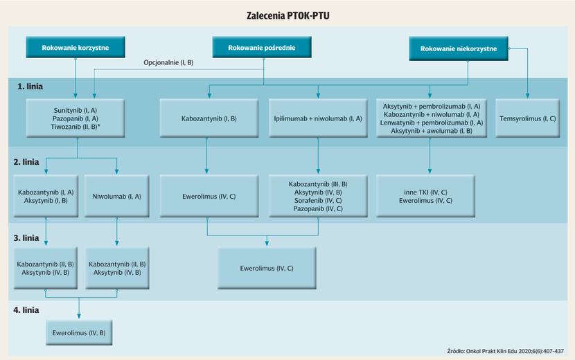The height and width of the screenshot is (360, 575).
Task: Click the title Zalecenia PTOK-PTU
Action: click(288, 16)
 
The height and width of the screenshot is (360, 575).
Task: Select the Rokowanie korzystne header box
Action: click(76, 47)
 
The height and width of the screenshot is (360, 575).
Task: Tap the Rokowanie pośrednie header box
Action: click(262, 47)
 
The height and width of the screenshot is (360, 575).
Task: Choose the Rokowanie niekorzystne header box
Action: click(459, 48)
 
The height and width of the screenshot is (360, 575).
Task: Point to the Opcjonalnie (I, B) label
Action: click(168, 62)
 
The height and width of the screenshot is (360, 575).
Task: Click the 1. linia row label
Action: click(30, 87)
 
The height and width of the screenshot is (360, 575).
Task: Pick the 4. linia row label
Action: click(26, 310)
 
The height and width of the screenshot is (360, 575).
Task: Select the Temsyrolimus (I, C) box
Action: click(528, 118)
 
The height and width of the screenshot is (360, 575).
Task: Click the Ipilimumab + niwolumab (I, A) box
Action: click(318, 118)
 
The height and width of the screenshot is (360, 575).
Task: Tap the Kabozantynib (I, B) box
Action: click(209, 118)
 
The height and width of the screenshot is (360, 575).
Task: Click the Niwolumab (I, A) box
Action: click(116, 196)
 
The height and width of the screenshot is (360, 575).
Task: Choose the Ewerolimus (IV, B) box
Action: click(79, 333)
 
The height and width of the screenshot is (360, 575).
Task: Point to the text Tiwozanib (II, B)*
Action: click(76, 127)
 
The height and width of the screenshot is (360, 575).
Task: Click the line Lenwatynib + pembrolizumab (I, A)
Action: click(432, 123)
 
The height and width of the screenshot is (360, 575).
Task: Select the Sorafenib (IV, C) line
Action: click(318, 201)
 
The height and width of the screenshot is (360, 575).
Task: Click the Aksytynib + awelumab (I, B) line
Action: click(432, 131)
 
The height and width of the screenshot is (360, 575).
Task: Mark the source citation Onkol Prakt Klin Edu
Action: click(505, 351)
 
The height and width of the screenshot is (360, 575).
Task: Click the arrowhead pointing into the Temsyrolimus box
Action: click(528, 96)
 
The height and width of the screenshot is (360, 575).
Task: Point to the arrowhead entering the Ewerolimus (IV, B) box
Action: click(79, 316)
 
